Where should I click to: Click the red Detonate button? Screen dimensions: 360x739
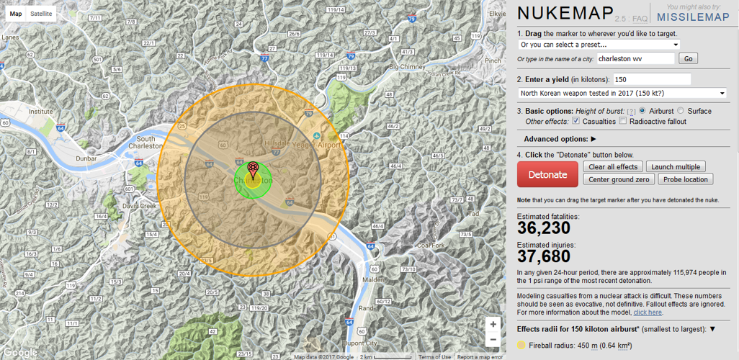tap(547, 174)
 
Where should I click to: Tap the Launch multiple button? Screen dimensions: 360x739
tap(675, 167)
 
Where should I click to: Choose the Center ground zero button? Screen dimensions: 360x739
tap(619, 179)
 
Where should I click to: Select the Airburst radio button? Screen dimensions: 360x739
tap(642, 111)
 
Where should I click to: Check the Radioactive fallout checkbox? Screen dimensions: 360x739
tap(623, 122)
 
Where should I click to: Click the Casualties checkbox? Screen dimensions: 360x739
tap(576, 122)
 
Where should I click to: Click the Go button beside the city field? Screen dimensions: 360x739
tap(687, 59)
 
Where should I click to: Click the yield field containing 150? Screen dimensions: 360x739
tap(652, 79)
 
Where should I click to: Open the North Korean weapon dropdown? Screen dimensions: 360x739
tap(622, 93)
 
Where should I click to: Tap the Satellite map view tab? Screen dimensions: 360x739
tap(41, 14)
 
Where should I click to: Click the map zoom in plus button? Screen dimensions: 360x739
tap(493, 324)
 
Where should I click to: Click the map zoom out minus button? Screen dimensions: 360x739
tap(493, 340)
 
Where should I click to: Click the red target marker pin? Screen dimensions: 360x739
tap(253, 170)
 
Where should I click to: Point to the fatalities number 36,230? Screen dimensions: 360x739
tap(544, 228)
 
